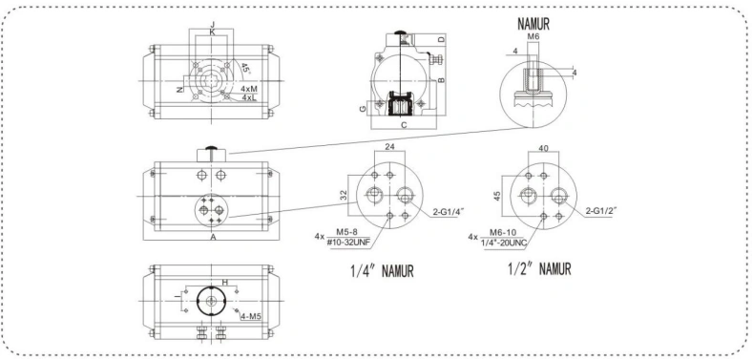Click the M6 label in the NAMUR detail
click(x=533, y=36)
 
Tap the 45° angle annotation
click(x=245, y=68)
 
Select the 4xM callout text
click(x=250, y=89)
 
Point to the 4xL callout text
click(x=249, y=97)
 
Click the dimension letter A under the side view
click(x=213, y=237)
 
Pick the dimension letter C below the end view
click(x=404, y=125)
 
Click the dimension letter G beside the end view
click(x=364, y=109)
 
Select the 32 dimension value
click(x=343, y=195)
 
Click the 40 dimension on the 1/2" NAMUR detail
click(x=543, y=148)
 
